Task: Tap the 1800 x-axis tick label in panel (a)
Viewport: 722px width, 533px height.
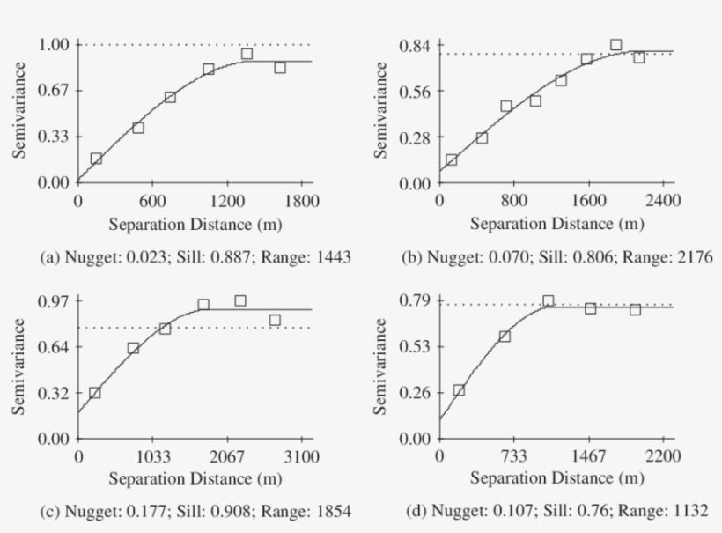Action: click(300, 200)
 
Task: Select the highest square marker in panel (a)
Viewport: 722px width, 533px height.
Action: click(247, 54)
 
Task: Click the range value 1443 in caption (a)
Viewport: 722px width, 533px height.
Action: click(333, 257)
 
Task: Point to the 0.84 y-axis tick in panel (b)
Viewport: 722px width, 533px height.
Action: click(416, 44)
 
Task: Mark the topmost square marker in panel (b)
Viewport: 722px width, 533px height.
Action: click(615, 44)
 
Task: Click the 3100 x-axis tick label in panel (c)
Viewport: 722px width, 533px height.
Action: click(300, 455)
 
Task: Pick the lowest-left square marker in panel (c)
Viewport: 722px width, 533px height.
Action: click(95, 393)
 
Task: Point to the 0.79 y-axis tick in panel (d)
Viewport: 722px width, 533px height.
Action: click(416, 300)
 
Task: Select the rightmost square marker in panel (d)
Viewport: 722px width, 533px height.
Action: click(635, 309)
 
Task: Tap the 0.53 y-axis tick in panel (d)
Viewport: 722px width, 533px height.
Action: click(416, 346)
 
